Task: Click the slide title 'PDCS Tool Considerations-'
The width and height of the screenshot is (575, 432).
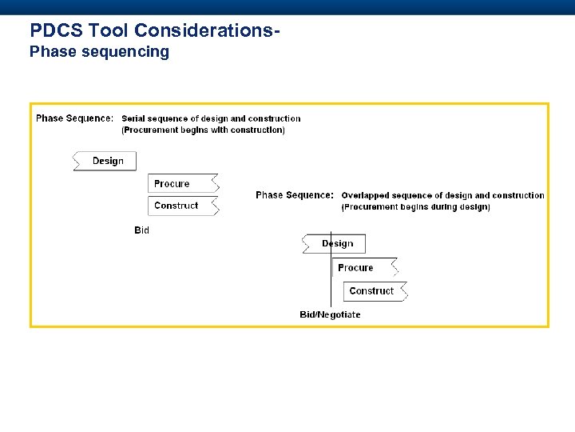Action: pos(155,30)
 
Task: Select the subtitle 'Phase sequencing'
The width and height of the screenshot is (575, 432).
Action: pos(99,52)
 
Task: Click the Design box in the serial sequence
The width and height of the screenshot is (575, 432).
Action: pos(107,161)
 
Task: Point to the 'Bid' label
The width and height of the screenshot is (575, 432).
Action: pos(141,230)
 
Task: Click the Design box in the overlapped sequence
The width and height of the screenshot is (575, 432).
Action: pos(336,244)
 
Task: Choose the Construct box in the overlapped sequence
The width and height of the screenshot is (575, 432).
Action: pos(374,291)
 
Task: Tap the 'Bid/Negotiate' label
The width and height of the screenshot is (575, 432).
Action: pos(330,314)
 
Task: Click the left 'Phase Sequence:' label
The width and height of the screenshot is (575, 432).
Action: pos(74,118)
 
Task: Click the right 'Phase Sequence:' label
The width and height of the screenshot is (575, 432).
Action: pos(295,195)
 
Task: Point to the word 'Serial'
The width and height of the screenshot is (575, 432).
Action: pos(134,118)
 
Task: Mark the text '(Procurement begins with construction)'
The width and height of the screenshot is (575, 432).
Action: pos(203,130)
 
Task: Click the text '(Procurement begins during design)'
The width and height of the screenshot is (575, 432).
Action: pos(415,206)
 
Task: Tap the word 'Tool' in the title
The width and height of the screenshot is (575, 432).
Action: pos(109,30)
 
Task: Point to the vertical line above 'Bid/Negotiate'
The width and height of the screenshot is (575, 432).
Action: pos(331,280)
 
